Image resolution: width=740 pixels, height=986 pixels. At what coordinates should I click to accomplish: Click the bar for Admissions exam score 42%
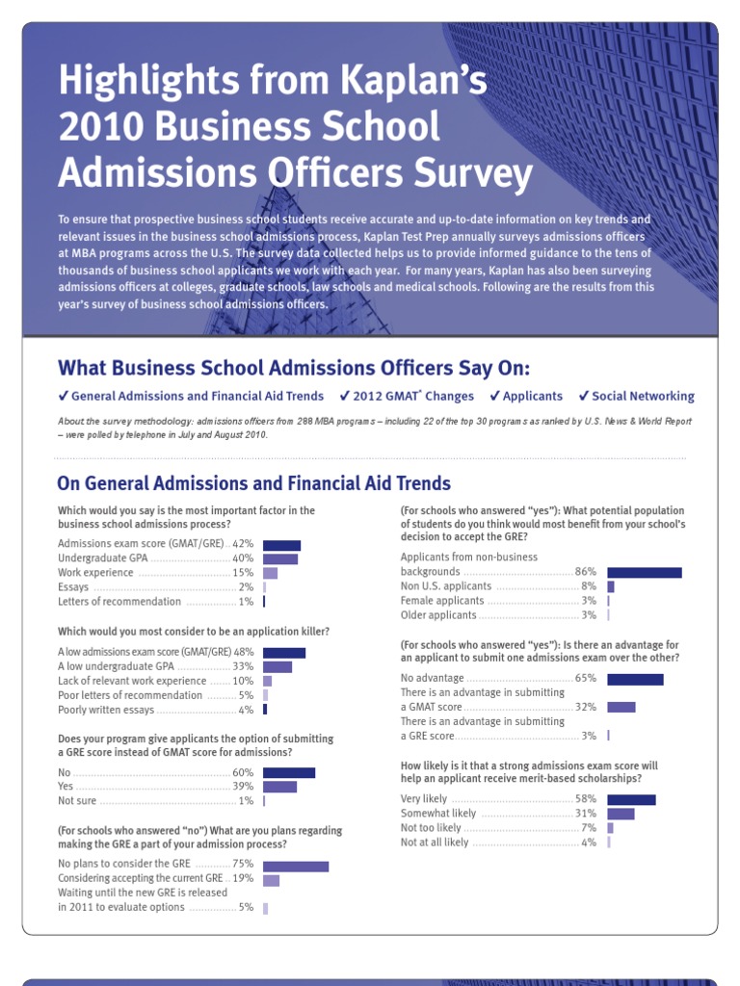281,545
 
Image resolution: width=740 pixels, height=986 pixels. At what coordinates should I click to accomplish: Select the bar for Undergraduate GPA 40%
280,558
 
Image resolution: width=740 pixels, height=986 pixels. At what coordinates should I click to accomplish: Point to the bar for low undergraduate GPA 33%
277,666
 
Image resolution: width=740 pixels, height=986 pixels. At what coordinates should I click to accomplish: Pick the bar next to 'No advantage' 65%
635,679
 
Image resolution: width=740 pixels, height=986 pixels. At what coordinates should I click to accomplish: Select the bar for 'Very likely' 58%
631,799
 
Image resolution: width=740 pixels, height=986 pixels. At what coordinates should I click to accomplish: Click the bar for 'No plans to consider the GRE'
296,865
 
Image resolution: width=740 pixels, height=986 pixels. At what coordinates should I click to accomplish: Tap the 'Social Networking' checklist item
643,396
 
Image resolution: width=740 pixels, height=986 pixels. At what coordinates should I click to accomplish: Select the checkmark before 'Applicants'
494,396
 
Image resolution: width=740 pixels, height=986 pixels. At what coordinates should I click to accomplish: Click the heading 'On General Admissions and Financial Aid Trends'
253,483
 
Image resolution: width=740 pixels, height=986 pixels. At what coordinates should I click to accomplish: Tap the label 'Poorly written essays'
106,710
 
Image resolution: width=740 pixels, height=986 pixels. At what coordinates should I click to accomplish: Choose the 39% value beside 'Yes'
243,787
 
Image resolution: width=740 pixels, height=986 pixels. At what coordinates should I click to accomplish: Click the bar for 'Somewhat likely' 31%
621,814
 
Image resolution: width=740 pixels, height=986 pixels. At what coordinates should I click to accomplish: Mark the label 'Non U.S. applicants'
446,586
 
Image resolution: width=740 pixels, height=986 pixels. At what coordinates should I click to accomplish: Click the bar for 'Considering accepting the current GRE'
271,879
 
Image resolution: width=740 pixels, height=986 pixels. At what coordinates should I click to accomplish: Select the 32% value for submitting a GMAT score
586,707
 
